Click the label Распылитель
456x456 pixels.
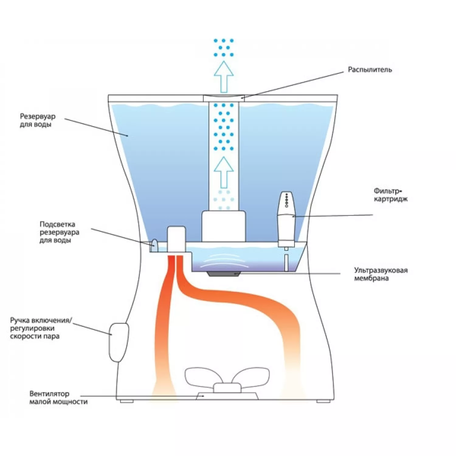point(370,70)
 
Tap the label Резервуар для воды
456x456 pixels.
point(38,120)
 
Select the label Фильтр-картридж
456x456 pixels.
point(390,195)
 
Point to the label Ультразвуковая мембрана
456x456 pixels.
point(381,274)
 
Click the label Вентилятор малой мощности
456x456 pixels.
point(58,398)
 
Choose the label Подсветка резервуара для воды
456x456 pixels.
point(59,232)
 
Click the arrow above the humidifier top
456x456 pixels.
point(224,77)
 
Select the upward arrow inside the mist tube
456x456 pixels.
point(224,172)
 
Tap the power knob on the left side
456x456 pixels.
point(119,342)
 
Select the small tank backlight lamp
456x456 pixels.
point(154,246)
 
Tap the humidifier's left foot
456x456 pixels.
point(126,401)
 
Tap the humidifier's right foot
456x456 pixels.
point(323,401)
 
